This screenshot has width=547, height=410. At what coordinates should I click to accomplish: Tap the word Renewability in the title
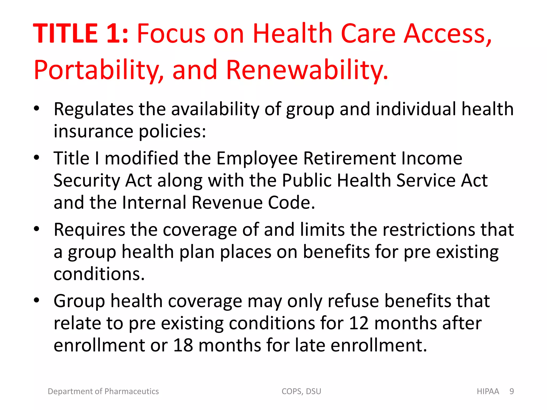[307, 70]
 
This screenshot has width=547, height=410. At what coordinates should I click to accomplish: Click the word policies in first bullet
[173, 132]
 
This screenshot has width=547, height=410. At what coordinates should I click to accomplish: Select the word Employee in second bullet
[257, 158]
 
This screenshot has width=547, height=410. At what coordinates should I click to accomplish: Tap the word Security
[87, 181]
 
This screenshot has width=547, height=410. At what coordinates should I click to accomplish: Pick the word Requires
[89, 230]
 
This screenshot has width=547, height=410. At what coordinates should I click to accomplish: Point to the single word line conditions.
[99, 274]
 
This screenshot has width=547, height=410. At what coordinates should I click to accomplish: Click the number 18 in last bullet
[183, 345]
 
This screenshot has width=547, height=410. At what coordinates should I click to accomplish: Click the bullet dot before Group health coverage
[37, 300]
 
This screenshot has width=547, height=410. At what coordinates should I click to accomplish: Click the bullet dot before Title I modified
[37, 157]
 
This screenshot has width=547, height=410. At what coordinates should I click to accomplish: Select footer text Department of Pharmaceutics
[103, 391]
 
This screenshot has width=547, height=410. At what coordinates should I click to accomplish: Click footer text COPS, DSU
[301, 391]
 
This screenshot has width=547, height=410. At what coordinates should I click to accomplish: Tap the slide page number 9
[511, 391]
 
